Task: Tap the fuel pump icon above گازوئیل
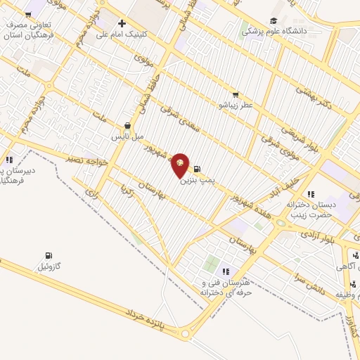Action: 48,255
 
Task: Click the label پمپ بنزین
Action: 195,181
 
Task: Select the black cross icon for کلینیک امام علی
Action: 122,23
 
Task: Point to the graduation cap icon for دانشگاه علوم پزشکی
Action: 273,21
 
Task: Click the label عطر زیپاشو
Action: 234,105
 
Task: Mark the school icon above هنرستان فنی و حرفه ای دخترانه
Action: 226,271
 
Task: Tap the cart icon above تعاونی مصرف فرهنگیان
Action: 28,14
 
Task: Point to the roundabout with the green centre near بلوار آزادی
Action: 281,223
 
